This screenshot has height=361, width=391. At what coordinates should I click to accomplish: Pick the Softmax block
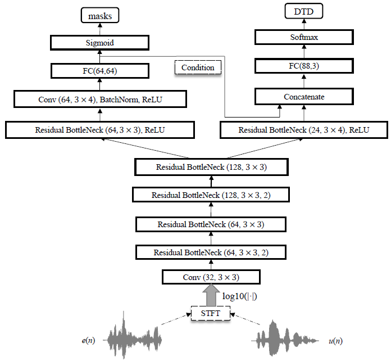point(304,38)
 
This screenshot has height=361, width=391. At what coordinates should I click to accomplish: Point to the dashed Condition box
point(198,67)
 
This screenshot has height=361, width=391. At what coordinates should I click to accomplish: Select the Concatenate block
point(304,97)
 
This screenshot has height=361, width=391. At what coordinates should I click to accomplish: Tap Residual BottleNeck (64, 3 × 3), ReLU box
point(99,130)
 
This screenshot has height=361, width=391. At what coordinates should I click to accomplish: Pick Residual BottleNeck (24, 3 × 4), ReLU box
point(304,130)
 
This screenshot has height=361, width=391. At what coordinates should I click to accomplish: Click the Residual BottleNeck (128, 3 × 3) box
point(211,167)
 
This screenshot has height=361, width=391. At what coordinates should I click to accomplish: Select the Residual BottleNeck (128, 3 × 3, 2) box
point(211,195)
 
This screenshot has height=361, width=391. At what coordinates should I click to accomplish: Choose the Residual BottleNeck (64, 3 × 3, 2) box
point(211,252)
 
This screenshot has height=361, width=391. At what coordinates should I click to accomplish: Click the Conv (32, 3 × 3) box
point(211,277)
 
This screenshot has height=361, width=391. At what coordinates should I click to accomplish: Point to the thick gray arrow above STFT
point(212,295)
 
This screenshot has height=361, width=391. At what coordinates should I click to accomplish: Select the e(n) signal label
point(87,340)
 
